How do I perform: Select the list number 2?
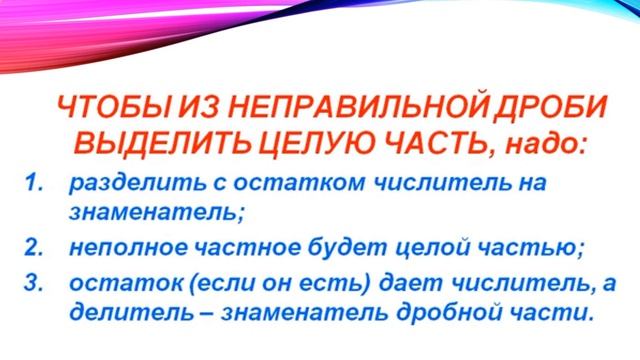[33, 246]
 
